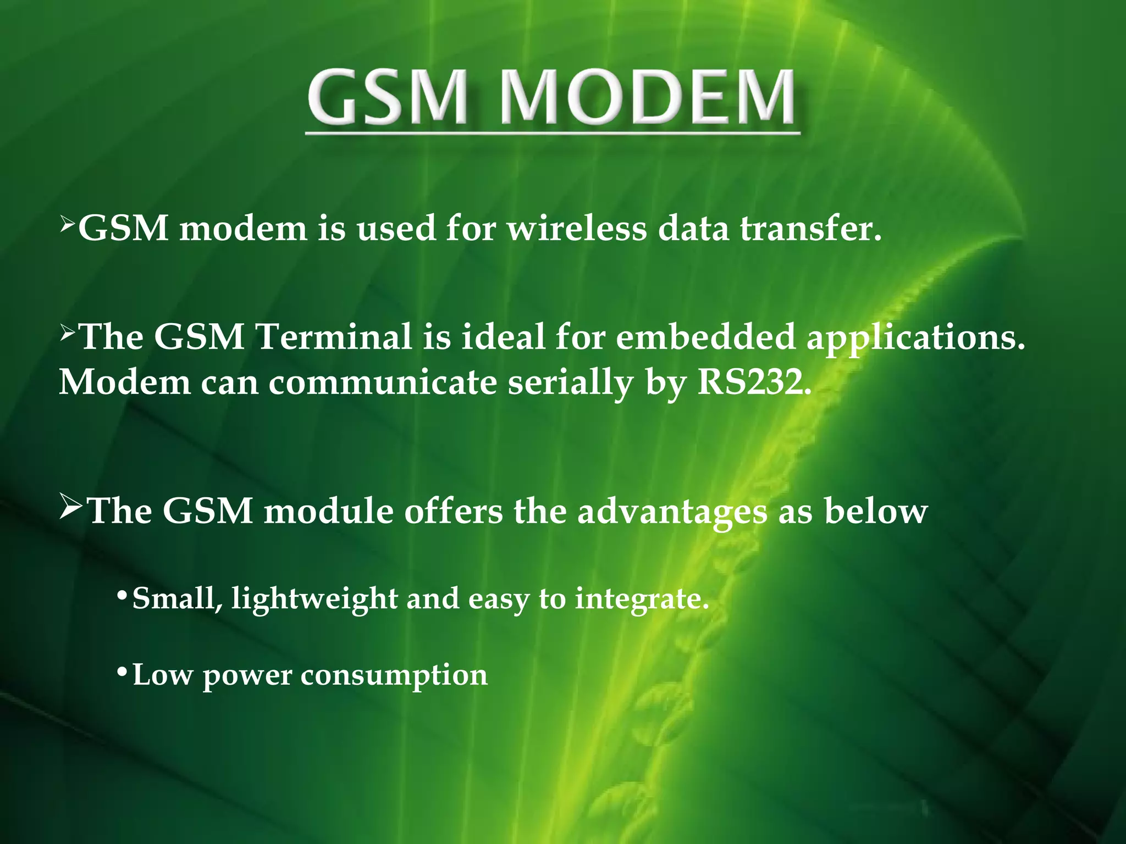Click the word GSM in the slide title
click(x=389, y=97)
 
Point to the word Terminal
click(x=334, y=336)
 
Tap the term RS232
click(x=754, y=382)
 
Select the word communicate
click(x=383, y=382)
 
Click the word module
click(x=329, y=511)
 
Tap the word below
click(x=876, y=511)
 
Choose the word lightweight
click(x=314, y=599)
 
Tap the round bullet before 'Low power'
click(x=123, y=673)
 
